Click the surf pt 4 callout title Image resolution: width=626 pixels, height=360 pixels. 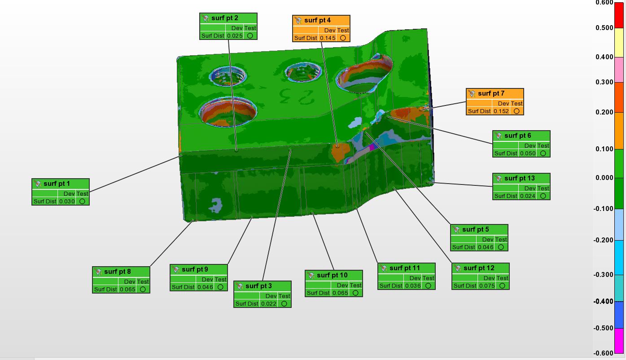coord(317,20)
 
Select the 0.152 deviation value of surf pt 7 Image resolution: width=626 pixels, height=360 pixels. coord(501,111)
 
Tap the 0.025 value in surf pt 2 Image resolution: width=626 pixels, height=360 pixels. coord(235,36)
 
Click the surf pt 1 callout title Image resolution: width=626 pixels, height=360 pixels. coord(57,184)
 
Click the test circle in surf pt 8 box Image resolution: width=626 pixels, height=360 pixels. coord(143,290)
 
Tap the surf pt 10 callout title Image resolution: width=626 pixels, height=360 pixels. coord(332,275)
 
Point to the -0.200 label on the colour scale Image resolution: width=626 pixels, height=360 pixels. coord(604,240)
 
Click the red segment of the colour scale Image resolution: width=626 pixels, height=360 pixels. coord(619,15)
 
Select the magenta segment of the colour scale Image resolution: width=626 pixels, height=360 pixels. coord(619,341)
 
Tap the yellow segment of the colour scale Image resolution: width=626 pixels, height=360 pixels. coord(619,43)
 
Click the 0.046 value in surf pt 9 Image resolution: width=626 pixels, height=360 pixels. coord(205,287)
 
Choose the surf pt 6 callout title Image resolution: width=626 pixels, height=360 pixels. coord(517,136)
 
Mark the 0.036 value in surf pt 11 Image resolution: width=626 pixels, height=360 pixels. coord(413,286)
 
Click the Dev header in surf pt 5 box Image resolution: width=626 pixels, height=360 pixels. coord(488,240)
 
